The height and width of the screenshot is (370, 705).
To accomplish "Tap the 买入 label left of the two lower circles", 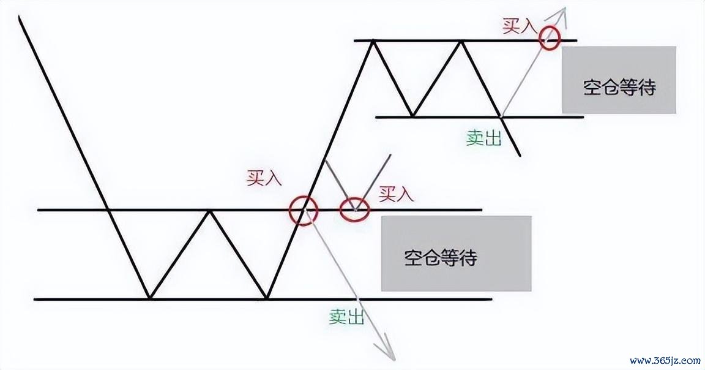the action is (264, 178).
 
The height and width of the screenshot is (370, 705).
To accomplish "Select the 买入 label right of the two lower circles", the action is (396, 194).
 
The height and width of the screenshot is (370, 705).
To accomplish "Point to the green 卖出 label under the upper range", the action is (483, 138).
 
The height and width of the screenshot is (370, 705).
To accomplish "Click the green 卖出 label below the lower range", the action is (346, 317).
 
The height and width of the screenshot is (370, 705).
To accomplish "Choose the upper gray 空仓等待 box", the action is (619, 80).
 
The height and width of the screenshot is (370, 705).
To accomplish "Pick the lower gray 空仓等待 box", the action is (457, 254).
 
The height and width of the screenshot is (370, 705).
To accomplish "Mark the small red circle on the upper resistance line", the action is (550, 38).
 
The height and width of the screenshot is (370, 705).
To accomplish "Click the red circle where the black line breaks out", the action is (304, 210).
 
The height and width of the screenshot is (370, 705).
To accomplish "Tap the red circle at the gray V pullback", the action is (355, 210).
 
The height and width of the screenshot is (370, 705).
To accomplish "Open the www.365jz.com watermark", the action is (665, 361).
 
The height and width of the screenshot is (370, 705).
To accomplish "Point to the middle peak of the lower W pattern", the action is (209, 210).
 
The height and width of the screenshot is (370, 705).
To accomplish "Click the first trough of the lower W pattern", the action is (150, 298).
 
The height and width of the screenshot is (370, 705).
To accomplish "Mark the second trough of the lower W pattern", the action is (267, 298).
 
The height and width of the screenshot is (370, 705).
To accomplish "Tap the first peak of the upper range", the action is (373, 41).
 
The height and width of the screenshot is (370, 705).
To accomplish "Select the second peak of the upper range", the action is (461, 41).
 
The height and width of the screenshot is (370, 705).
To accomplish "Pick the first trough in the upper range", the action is (413, 116).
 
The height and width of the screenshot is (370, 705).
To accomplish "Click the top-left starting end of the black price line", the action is (20, 16).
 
